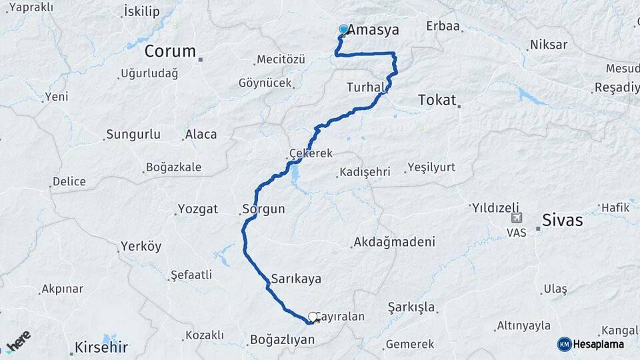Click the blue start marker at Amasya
point(344,29)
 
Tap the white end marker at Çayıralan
point(312,317)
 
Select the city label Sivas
point(563,220)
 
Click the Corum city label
point(170,51)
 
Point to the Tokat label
point(437,101)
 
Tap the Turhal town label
point(365,87)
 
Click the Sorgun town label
point(264,209)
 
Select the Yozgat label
point(198,209)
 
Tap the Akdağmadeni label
point(395,241)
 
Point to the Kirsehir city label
point(101,347)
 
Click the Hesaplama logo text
point(598,344)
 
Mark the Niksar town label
point(548,45)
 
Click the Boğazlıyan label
point(282,339)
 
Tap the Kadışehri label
point(365,172)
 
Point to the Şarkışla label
point(411,307)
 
